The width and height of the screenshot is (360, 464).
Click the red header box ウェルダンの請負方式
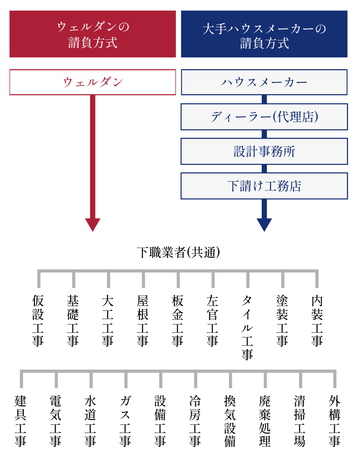click(x=93, y=34)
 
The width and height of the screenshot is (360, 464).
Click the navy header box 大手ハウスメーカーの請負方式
click(x=264, y=34)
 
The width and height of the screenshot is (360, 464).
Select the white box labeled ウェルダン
click(x=93, y=82)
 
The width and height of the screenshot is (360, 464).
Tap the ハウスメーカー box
click(x=264, y=82)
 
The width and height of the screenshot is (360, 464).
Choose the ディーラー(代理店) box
click(x=264, y=117)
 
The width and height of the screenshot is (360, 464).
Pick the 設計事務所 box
click(x=264, y=151)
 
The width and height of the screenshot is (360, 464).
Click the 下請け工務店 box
click(x=264, y=186)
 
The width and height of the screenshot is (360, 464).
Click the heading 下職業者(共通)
click(x=178, y=252)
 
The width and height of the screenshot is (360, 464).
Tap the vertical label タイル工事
click(x=247, y=327)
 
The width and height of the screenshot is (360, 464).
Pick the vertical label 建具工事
click(x=21, y=421)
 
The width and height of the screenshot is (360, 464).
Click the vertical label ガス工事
click(x=125, y=421)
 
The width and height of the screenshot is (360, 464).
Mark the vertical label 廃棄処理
click(x=265, y=421)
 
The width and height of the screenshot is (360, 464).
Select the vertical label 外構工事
click(x=334, y=421)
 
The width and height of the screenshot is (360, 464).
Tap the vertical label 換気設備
click(x=230, y=421)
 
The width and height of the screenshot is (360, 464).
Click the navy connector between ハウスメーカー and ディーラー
click(x=264, y=99)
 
